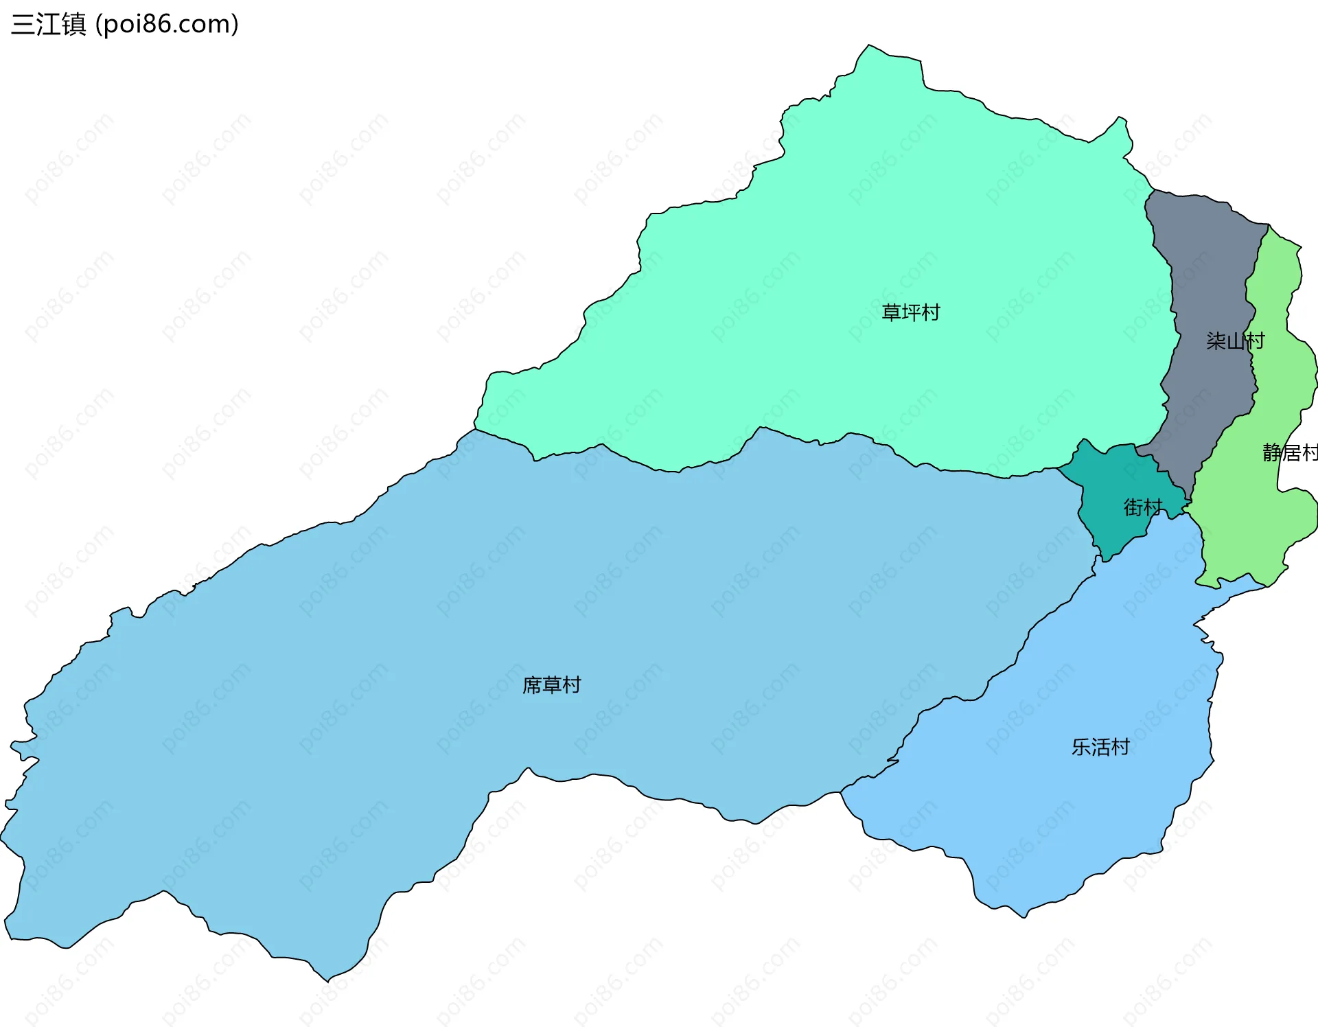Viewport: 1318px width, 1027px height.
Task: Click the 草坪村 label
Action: [910, 313]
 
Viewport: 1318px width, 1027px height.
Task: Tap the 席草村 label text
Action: [551, 685]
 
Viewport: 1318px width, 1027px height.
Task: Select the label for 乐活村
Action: [1100, 747]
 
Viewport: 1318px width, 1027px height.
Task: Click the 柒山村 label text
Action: [1235, 341]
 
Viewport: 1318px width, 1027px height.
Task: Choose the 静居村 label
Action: [1290, 452]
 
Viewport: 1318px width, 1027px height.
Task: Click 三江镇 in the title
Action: [49, 25]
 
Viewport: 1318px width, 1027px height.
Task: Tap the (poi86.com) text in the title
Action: [167, 25]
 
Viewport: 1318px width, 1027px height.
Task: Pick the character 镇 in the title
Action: [74, 25]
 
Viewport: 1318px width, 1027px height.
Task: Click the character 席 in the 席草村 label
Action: [532, 685]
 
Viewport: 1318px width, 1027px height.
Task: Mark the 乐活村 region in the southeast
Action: [1071, 810]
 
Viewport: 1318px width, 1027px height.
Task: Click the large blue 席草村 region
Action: [343, 721]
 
